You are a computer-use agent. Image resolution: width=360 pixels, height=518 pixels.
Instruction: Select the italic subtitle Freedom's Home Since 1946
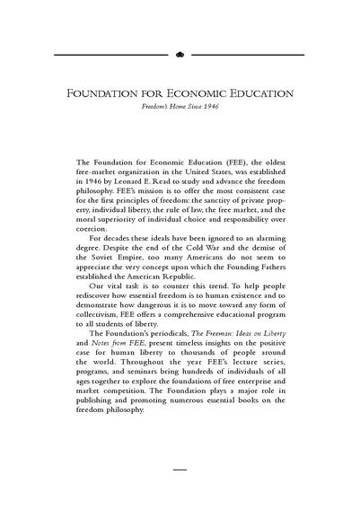click(x=180, y=107)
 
